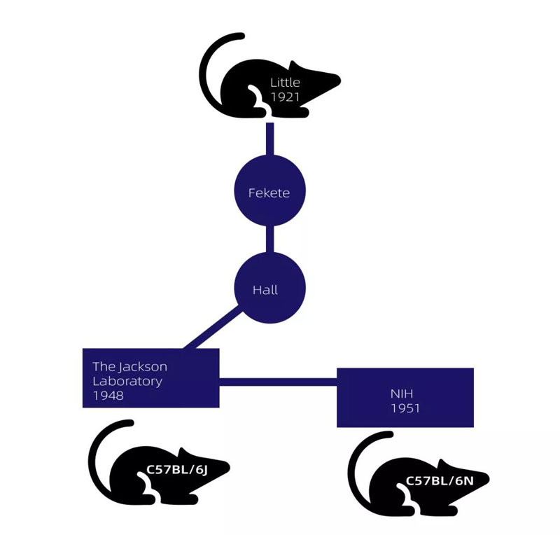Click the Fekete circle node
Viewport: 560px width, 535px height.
[x=269, y=192]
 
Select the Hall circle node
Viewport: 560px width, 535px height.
[x=269, y=289]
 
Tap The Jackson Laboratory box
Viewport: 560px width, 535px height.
[x=150, y=377]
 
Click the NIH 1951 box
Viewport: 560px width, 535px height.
[x=405, y=397]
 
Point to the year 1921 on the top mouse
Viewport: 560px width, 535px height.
[x=285, y=97]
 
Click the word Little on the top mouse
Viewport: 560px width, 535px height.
[x=285, y=83]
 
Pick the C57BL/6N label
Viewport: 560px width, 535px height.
[x=437, y=481]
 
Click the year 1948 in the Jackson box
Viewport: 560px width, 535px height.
[x=108, y=396]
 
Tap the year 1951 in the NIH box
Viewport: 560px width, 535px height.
[x=404, y=407]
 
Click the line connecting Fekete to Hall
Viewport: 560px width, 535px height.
[x=269, y=240]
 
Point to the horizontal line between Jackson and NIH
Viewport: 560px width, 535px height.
[x=278, y=382]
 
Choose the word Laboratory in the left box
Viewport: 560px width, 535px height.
[x=127, y=382]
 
